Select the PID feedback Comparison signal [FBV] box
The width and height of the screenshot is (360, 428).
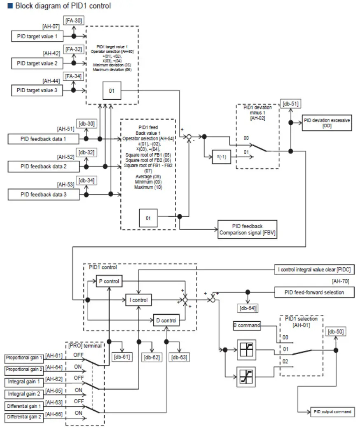click(247, 229)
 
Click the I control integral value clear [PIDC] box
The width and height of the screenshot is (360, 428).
click(314, 270)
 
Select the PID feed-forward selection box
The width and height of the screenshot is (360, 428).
click(314, 292)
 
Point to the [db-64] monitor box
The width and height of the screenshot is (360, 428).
click(248, 308)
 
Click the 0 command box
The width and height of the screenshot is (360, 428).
click(247, 325)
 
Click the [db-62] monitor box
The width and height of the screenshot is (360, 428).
click(152, 358)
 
